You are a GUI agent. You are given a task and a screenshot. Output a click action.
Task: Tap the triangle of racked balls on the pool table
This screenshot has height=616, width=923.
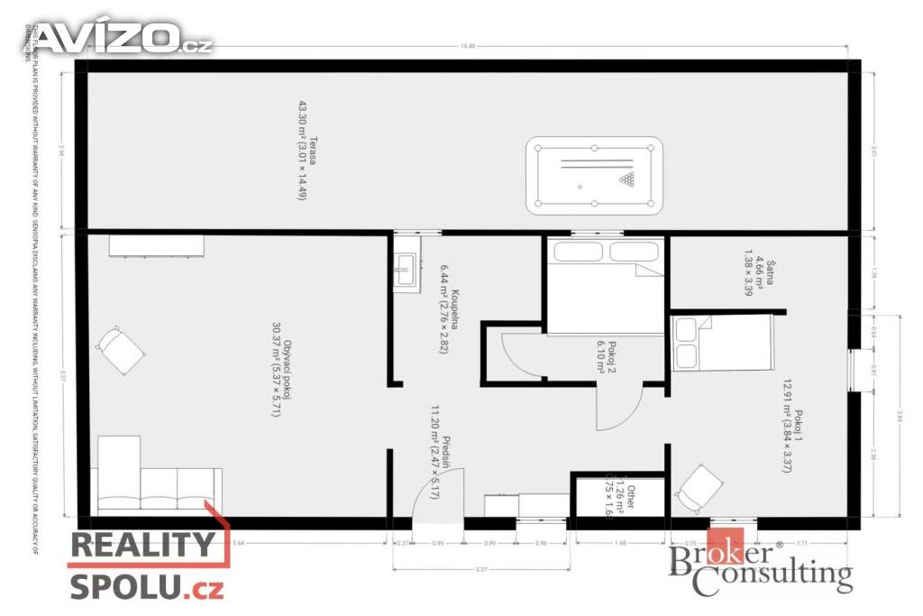click(626, 179)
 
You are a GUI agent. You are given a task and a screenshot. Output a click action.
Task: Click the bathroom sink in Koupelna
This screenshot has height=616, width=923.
click(405, 264)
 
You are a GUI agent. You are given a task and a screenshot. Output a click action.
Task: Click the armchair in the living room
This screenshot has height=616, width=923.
click(120, 349)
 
